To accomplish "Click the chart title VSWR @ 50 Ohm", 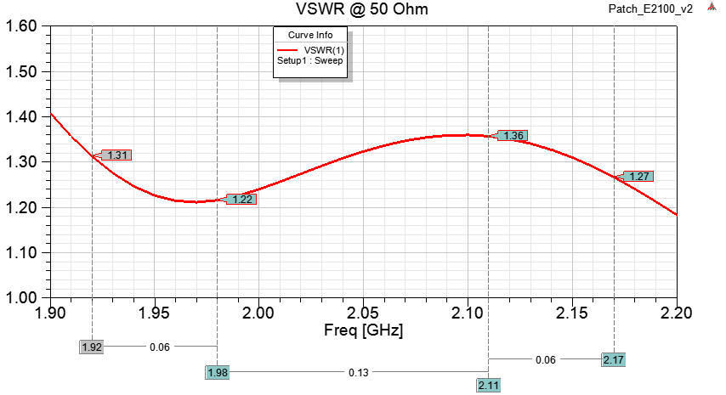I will [362, 9].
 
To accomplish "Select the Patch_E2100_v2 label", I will [650, 9].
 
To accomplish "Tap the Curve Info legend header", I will [310, 35].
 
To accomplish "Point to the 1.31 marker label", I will [117, 155].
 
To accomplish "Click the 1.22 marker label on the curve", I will [241, 200].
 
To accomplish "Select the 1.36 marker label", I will [513, 135].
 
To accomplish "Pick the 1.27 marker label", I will [638, 177].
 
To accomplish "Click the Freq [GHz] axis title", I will [363, 329].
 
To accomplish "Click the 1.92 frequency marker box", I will [92, 347].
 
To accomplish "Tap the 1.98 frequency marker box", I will [218, 372].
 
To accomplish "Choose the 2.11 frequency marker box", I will [489, 385].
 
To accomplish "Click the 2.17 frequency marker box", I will [613, 359].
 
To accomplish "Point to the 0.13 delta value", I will [353, 372].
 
